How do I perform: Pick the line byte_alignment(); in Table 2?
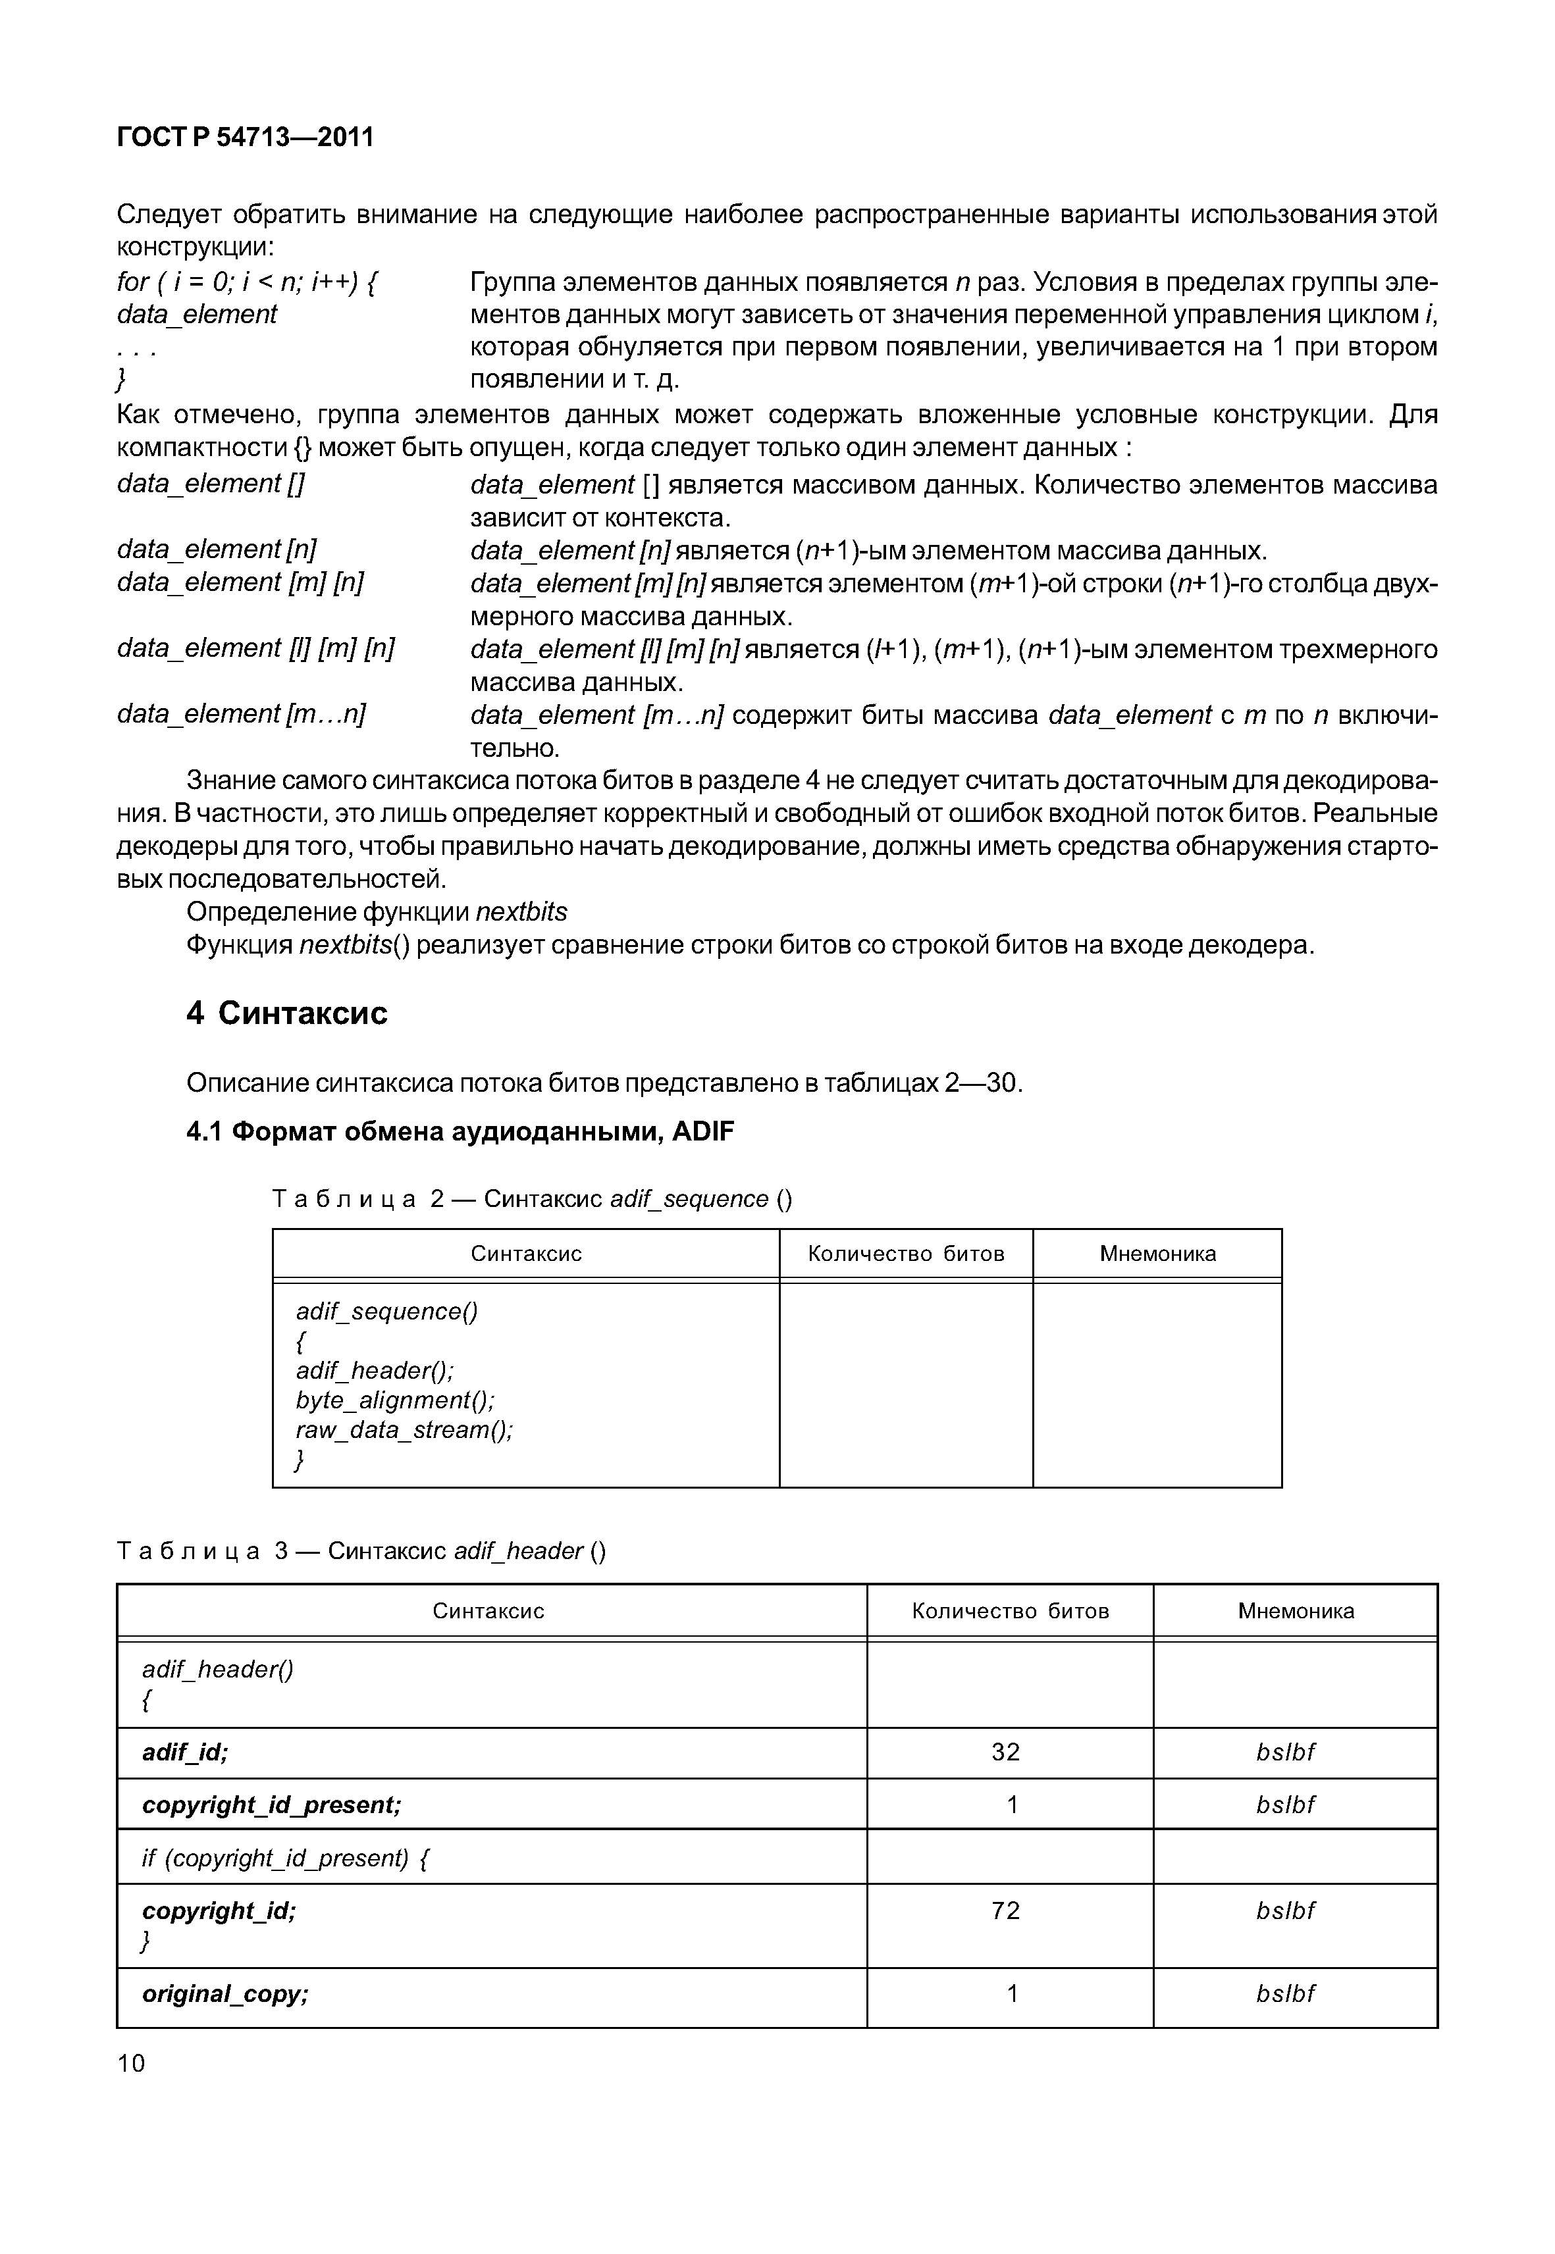pyautogui.click(x=394, y=1400)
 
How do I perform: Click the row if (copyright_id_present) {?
pyautogui.click(x=286, y=1858)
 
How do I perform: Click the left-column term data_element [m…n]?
pyautogui.click(x=241, y=714)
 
